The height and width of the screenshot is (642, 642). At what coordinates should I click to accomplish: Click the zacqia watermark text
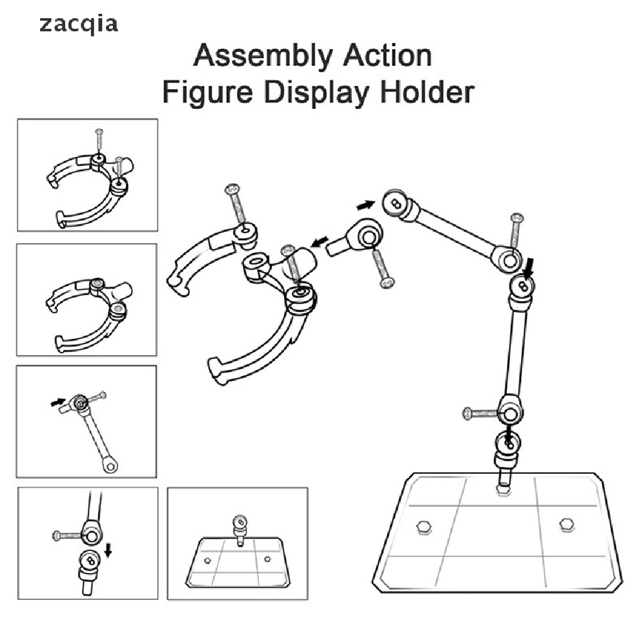tap(78, 24)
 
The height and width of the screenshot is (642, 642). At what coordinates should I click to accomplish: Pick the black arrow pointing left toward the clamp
tap(320, 241)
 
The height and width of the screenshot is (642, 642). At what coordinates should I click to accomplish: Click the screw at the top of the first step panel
tap(99, 140)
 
